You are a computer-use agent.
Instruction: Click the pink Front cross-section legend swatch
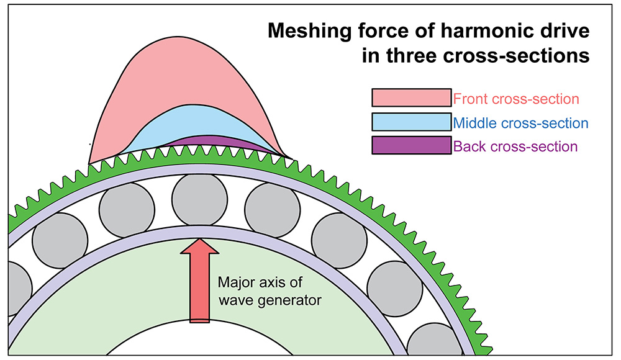click(x=411, y=98)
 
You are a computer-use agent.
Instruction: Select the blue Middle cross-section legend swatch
click(x=411, y=122)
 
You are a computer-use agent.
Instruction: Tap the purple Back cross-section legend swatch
click(x=411, y=146)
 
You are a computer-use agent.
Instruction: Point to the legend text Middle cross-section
click(x=521, y=123)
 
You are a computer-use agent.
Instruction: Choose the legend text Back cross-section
click(x=516, y=147)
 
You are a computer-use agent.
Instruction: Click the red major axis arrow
click(x=199, y=279)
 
